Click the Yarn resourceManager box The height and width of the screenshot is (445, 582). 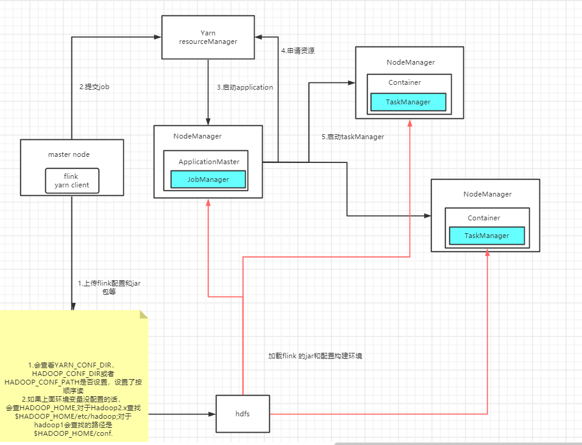208,37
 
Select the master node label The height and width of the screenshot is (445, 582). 69,154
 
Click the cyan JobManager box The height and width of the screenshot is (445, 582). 208,179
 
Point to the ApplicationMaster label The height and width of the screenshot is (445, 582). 208,162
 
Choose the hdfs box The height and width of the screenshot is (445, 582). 243,414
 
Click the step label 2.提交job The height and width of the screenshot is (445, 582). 93,87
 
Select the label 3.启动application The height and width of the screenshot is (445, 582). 244,87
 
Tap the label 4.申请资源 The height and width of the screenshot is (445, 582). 297,51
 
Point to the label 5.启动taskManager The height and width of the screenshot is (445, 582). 353,137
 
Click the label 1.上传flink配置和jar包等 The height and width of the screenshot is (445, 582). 109,288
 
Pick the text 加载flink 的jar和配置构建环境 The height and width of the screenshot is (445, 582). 315,355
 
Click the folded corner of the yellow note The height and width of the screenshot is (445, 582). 144,314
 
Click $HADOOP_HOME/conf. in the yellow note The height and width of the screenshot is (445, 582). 73,433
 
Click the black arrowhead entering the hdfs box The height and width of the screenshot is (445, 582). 213,414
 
